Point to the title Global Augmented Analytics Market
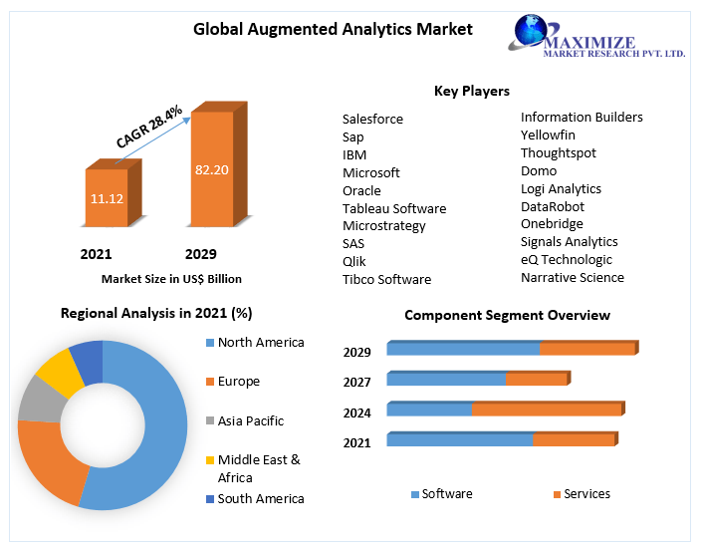tap(333, 29)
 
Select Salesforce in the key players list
tap(372, 119)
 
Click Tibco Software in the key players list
tap(386, 279)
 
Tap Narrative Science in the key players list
tap(572, 277)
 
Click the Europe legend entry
tap(238, 382)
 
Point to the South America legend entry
tap(260, 498)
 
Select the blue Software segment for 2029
tap(463, 349)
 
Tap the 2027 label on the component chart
tap(356, 382)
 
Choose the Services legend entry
tap(585, 494)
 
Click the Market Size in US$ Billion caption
tap(171, 279)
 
